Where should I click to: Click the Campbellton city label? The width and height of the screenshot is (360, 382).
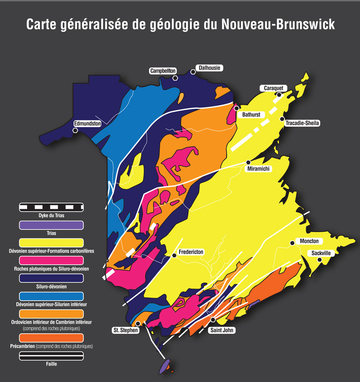click(163, 71)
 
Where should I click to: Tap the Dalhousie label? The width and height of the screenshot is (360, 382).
click(209, 68)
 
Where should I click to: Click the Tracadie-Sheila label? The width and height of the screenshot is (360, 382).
click(303, 123)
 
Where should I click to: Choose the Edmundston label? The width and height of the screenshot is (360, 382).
click(88, 123)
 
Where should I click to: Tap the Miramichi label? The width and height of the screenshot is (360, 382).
click(260, 169)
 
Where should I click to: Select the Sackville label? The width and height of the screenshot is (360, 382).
click(322, 253)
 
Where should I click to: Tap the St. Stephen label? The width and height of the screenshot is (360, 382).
click(125, 330)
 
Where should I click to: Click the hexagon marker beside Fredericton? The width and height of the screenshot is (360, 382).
click(174, 255)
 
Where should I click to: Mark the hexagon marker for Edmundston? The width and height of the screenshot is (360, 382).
click(75, 130)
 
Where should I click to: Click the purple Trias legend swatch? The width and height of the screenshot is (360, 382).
click(51, 225)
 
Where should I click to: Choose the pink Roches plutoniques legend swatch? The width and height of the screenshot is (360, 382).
click(51, 260)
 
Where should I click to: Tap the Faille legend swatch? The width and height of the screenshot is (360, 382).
click(51, 356)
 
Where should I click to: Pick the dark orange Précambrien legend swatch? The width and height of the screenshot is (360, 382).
click(51, 338)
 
